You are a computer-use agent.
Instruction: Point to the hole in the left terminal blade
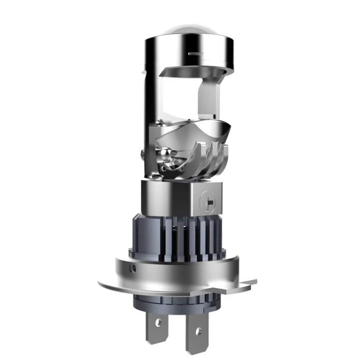158,323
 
